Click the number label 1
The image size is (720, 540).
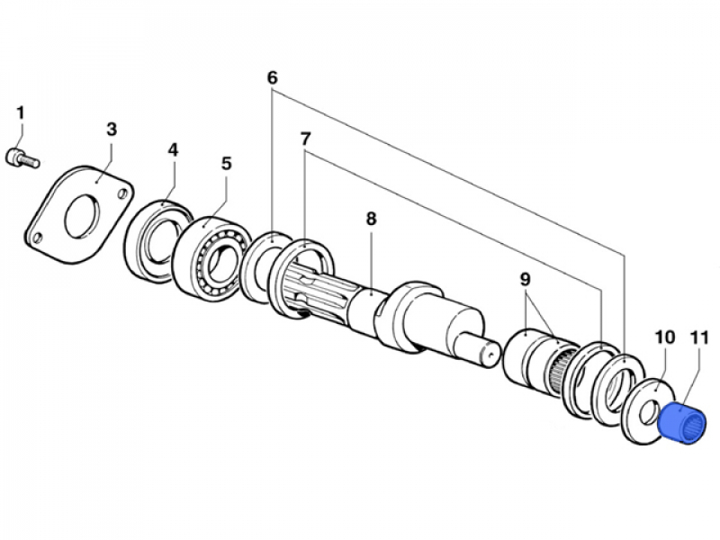[x=20, y=113]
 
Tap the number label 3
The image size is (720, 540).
[x=111, y=129]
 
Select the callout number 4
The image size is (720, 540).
[x=172, y=148]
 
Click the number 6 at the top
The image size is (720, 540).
[x=272, y=77]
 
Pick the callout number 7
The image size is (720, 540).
[x=305, y=139]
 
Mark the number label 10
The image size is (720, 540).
[x=664, y=337]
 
